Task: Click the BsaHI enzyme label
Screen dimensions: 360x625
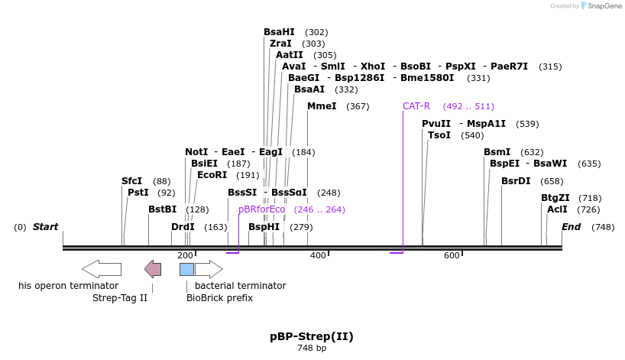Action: (x=279, y=32)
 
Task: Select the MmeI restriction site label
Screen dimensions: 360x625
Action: (x=322, y=106)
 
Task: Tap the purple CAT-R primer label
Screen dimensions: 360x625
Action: (x=416, y=106)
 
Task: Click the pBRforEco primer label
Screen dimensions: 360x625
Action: (x=261, y=209)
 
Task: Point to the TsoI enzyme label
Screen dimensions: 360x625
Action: (x=439, y=135)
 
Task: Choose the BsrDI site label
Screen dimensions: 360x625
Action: (x=516, y=181)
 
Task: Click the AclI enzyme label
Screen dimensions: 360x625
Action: (x=557, y=209)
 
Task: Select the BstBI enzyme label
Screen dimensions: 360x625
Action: (x=162, y=209)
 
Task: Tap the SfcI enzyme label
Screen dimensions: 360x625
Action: (x=131, y=181)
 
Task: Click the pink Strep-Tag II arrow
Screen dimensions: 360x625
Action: (x=153, y=269)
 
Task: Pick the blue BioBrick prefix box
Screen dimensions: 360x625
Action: (x=186, y=269)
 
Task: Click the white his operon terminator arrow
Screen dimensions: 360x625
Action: (x=102, y=269)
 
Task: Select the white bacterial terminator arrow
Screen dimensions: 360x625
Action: (x=209, y=269)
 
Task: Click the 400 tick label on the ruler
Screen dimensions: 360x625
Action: (x=318, y=255)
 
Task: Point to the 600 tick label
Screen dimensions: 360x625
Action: (x=452, y=255)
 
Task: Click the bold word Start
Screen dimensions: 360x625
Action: (x=46, y=227)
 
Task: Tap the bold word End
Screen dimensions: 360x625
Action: (x=572, y=227)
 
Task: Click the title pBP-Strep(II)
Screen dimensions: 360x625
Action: (x=312, y=336)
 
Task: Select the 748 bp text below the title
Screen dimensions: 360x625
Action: (x=312, y=349)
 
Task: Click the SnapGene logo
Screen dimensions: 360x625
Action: (x=601, y=6)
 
